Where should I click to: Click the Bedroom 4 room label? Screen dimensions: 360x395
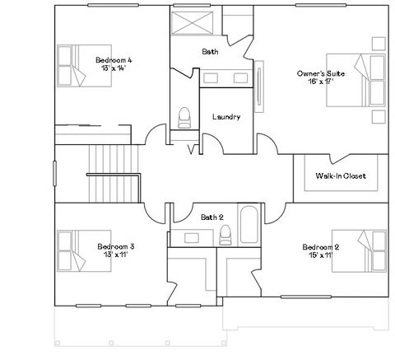tap(114, 60)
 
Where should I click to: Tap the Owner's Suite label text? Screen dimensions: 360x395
tap(321, 74)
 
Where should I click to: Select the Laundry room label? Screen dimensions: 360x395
tap(225, 117)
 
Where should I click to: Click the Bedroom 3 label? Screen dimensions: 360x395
tap(115, 246)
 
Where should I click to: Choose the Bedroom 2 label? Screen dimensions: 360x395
tap(321, 247)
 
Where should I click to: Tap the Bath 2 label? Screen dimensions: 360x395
tap(212, 217)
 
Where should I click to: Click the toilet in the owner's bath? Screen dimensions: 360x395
tap(184, 117)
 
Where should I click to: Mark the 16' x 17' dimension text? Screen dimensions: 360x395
tap(321, 82)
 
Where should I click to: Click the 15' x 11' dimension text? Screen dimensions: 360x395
tap(321, 255)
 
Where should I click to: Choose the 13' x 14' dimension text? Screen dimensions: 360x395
tap(114, 68)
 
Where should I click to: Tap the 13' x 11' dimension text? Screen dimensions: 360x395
tap(115, 255)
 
